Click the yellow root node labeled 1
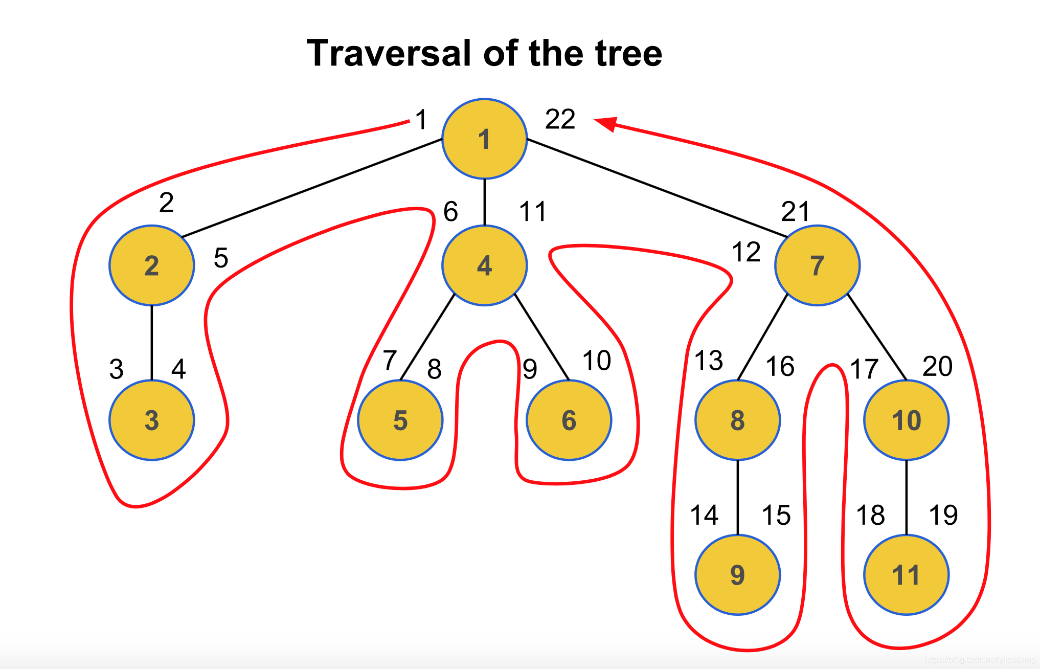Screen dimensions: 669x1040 click(484, 139)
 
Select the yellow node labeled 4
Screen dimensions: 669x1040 click(484, 265)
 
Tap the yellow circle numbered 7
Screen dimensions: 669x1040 click(817, 265)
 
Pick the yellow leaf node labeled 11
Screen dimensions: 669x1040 click(906, 575)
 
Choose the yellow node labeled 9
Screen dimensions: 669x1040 click(737, 575)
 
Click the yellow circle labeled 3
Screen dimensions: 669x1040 click(151, 420)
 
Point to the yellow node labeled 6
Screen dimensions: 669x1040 click(569, 420)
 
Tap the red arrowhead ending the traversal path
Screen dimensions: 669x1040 click(605, 123)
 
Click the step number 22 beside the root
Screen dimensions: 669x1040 click(560, 120)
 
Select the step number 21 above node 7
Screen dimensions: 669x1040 click(795, 211)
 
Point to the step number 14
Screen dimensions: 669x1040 click(704, 515)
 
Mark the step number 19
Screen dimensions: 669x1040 click(943, 515)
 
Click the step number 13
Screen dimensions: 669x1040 click(709, 361)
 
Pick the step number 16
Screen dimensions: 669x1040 click(780, 367)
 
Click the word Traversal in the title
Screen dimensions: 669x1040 click(389, 53)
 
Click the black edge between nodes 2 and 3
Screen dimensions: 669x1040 click(151, 343)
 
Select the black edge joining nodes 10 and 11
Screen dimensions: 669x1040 click(906, 497)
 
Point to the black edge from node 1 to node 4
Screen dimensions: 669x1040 click(484, 202)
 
